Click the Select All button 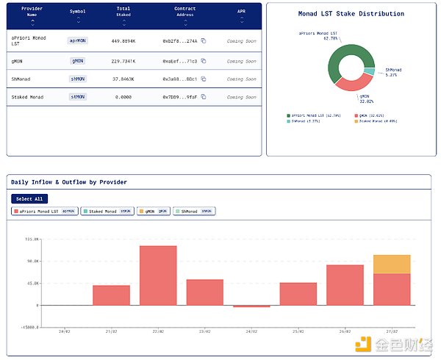coord(29,198)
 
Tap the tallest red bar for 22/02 coord(158,275)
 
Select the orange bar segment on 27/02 coord(392,264)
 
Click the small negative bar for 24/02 coord(251,306)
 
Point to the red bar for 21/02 coord(111,295)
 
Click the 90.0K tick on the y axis coord(32,261)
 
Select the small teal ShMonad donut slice coord(369,71)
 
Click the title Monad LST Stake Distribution coord(351,13)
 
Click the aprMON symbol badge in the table coord(79,41)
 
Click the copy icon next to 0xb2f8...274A coord(204,41)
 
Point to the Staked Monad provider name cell coord(29,96)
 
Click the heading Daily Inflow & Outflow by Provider coord(70,181)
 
